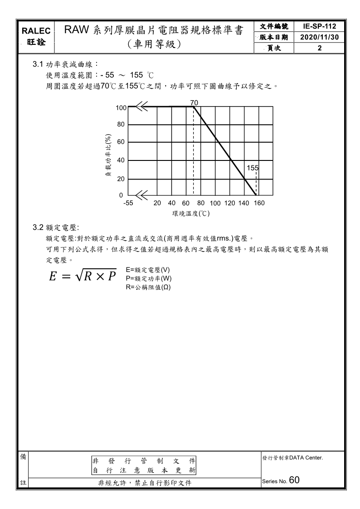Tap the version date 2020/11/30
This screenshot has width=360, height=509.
tap(320, 37)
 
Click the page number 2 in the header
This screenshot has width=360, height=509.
tap(320, 48)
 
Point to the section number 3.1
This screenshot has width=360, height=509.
tap(38, 65)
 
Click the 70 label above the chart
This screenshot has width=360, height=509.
tap(194, 103)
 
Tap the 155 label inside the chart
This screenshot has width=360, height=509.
tap(253, 168)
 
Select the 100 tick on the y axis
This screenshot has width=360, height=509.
tap(121, 107)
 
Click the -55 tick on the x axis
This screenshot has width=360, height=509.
tap(128, 203)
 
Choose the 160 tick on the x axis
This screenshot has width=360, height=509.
tap(259, 203)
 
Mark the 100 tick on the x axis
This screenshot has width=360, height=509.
tap(215, 203)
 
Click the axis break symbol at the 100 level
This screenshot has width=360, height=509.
tap(141, 107)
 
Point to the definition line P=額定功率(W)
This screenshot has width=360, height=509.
tap(148, 278)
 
